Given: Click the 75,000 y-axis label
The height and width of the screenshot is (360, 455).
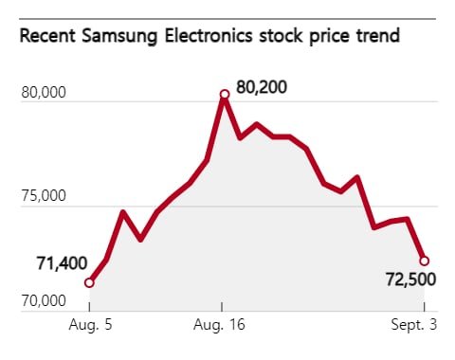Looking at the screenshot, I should (x=43, y=197).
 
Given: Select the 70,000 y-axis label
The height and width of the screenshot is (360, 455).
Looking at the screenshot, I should (x=43, y=301).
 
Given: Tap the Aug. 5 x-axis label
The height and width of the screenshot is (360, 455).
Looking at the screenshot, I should (x=89, y=325).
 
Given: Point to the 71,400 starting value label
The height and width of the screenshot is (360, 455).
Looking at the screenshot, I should (x=62, y=263).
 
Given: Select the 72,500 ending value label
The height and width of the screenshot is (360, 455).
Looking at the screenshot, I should (x=411, y=281).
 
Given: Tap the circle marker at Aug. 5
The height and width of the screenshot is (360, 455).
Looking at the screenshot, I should (x=89, y=282).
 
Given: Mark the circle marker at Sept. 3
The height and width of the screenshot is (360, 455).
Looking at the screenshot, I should (x=425, y=261).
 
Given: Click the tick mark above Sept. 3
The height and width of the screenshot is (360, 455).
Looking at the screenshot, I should (x=425, y=307).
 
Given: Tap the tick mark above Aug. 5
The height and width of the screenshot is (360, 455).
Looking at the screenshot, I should (x=89, y=307).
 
